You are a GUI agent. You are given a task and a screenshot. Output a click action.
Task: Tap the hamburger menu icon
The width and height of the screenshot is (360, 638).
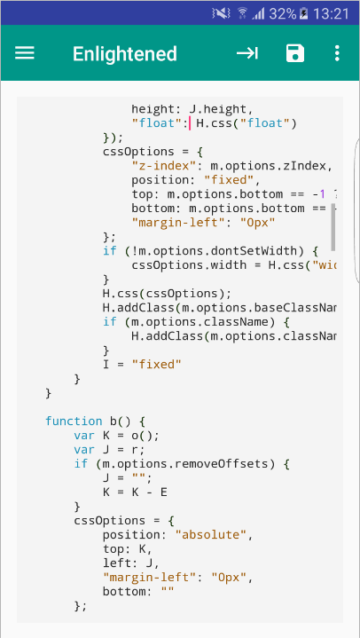(25, 53)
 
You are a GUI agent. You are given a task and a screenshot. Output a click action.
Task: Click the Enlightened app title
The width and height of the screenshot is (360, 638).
(125, 54)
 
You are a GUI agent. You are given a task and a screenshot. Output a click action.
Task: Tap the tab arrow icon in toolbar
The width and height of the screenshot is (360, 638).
(247, 53)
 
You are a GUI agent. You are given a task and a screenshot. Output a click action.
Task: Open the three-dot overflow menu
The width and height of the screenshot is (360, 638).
(337, 53)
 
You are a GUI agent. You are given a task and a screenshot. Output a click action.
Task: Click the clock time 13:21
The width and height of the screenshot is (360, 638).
(332, 14)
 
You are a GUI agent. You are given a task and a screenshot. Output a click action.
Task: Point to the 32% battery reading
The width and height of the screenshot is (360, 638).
(283, 14)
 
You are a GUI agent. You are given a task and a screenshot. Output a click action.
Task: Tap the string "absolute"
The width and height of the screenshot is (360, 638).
(210, 535)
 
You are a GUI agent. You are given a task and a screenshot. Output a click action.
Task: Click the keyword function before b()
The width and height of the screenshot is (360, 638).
(74, 421)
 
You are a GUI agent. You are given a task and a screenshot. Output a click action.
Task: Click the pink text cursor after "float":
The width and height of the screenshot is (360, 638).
(190, 123)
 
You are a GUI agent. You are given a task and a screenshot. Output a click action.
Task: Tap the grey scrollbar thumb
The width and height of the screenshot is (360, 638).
(333, 227)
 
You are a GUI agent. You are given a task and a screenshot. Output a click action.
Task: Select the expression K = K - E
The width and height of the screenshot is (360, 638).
(135, 492)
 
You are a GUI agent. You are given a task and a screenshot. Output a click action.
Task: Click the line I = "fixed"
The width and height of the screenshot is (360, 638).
(142, 364)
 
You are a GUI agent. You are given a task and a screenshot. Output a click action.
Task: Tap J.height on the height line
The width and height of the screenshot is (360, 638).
(217, 109)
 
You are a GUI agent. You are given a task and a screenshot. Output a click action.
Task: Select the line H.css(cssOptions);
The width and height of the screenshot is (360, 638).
(168, 294)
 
